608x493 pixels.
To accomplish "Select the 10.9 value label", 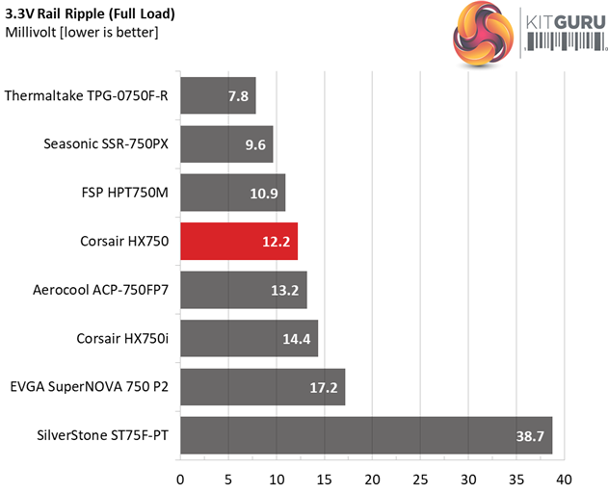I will pyautogui.click(x=264, y=193).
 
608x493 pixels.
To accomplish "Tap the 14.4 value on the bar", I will pyautogui.click(x=297, y=338).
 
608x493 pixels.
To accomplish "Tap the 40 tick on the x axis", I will pyautogui.click(x=564, y=478).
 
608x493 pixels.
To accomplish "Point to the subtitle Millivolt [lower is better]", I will pyautogui.click(x=82, y=33).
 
